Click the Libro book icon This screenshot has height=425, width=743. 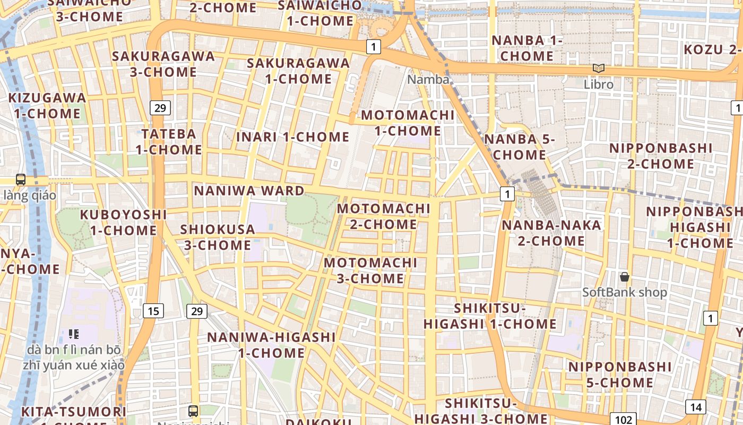click(x=599, y=69)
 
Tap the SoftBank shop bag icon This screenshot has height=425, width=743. click(x=625, y=277)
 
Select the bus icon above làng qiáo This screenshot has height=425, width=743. click(x=21, y=180)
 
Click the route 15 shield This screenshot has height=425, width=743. click(x=153, y=311)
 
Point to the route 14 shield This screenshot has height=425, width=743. click(x=695, y=407)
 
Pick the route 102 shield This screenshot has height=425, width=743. click(x=623, y=419)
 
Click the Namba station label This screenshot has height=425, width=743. click(x=428, y=80)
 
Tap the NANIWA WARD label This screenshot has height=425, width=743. click(x=249, y=191)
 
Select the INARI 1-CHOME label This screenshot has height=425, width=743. click(x=292, y=137)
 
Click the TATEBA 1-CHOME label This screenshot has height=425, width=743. click(x=169, y=141)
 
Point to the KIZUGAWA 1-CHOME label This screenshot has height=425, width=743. click(x=47, y=105)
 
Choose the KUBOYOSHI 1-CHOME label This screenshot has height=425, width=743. click(x=123, y=223)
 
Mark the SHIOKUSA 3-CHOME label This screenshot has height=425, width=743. click(x=217, y=237)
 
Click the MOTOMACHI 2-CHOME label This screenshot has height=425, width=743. click(x=383, y=216)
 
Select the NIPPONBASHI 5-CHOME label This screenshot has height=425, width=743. click(x=620, y=375)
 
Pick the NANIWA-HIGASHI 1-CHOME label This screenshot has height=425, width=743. click(x=271, y=345)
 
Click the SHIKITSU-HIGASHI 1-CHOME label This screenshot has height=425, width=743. click(x=490, y=316)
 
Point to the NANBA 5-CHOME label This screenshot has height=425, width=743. click(x=520, y=147)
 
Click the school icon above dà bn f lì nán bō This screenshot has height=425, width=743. click(x=74, y=334)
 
